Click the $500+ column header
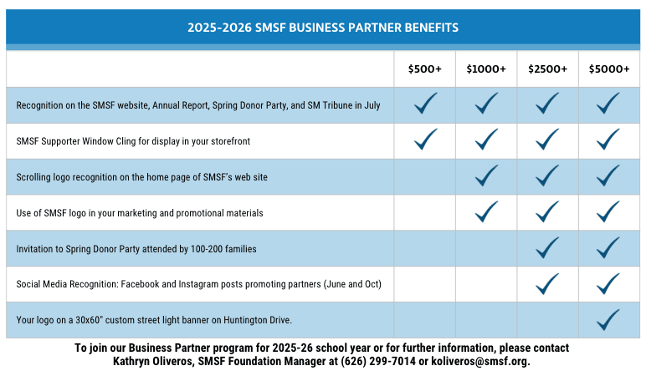(x=424, y=69)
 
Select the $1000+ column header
(x=486, y=69)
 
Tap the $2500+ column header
(x=547, y=69)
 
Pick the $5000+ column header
(x=609, y=69)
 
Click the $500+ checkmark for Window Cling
(x=425, y=140)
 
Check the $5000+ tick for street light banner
(x=608, y=319)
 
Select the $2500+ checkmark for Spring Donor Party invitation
(x=547, y=247)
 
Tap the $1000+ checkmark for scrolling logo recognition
(x=486, y=175)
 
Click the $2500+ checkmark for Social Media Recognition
(x=547, y=284)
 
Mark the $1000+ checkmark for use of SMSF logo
(x=486, y=211)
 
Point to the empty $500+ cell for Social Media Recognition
(x=424, y=284)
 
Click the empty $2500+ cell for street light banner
(x=547, y=320)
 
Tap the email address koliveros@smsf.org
(x=482, y=361)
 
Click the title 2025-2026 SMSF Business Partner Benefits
(x=323, y=28)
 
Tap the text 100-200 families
(x=226, y=249)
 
